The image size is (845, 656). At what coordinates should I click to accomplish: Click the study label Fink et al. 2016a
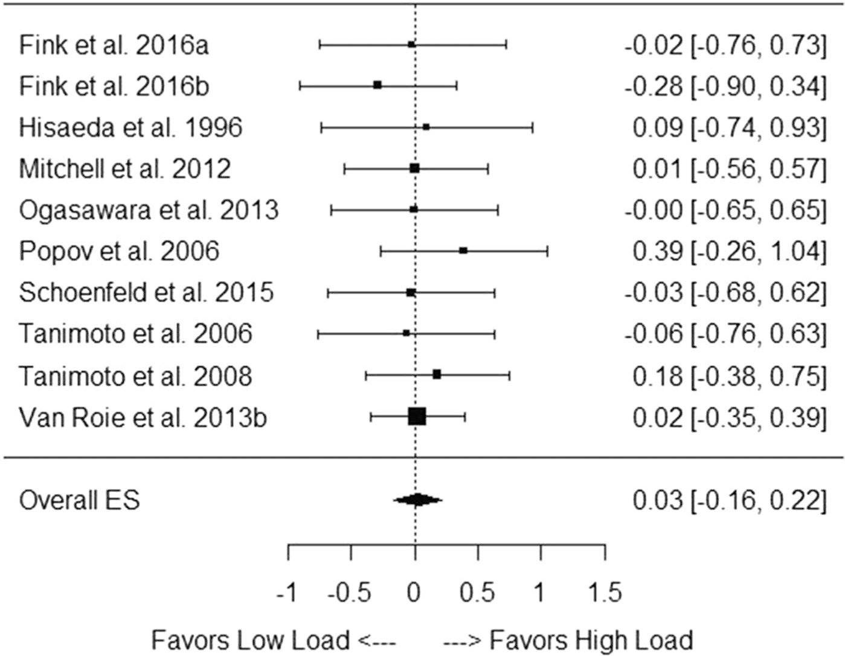pos(114,45)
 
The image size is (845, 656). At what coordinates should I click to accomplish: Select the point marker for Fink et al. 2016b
pos(378,85)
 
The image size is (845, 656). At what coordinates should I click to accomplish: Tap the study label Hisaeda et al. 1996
pos(130,127)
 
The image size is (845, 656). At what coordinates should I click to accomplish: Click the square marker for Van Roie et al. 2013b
pos(417,416)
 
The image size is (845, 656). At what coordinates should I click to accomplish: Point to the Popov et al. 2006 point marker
pos(463,250)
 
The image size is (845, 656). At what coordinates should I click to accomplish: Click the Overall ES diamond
pos(417,500)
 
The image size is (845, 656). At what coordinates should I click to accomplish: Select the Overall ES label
pos(79,500)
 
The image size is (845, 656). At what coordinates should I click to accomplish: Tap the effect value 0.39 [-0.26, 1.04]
pos(729,251)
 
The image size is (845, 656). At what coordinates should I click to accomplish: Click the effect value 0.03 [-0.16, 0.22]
pos(729,500)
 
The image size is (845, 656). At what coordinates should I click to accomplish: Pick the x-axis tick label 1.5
pos(605,593)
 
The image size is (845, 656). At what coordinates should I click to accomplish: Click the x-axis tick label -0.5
pos(349,593)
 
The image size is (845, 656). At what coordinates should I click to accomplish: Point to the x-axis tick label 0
pos(414,593)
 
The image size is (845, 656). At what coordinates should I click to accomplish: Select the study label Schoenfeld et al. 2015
pos(146,292)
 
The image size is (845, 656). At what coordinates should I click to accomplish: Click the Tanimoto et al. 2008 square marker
pos(437,375)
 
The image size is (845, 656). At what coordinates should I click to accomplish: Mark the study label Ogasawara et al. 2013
pos(149,210)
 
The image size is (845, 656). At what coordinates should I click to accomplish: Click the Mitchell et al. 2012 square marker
pos(414,168)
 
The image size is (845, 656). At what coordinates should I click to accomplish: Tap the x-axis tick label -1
pos(287,593)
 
